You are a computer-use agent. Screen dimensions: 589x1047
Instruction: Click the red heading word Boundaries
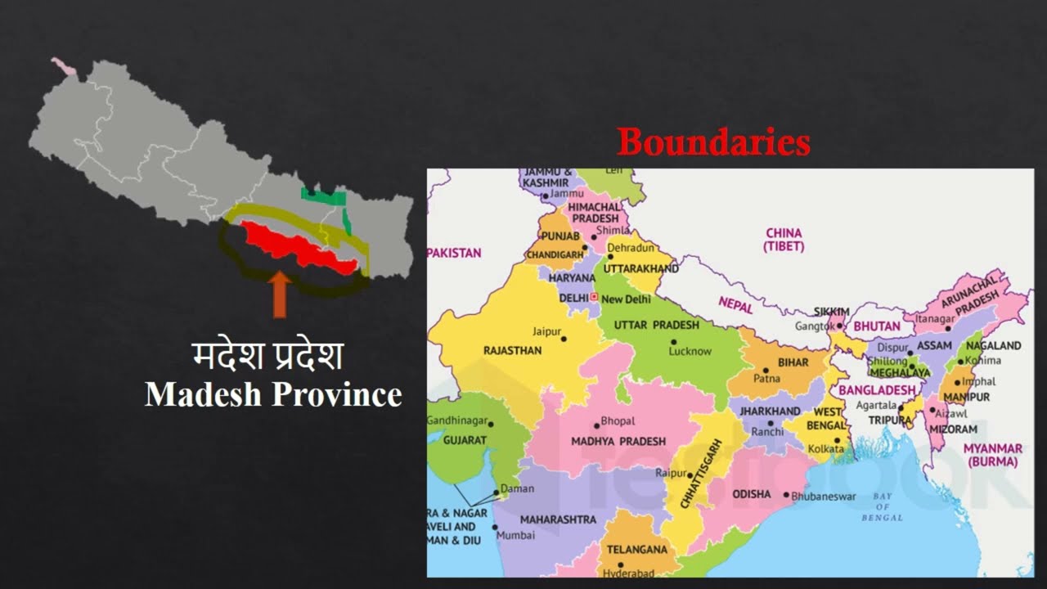pyautogui.click(x=713, y=143)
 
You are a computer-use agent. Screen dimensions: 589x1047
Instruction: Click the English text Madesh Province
pyautogui.click(x=273, y=394)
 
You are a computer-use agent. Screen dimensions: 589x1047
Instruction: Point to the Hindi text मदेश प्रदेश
pyautogui.click(x=267, y=357)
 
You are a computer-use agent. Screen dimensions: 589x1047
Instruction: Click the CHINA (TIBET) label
pyautogui.click(x=784, y=239)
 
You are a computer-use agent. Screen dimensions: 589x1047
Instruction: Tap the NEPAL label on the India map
pyautogui.click(x=735, y=303)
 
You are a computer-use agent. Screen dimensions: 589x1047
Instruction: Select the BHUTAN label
pyautogui.click(x=876, y=326)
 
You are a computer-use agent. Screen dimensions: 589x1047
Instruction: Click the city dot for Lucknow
pyautogui.click(x=673, y=341)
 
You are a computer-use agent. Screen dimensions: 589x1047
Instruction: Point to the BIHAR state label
pyautogui.click(x=793, y=362)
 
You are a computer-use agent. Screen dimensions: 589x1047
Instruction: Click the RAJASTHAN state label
pyautogui.click(x=512, y=350)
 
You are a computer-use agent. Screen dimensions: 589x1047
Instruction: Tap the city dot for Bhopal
pyautogui.click(x=597, y=421)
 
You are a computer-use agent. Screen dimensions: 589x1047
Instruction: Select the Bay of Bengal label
pyautogui.click(x=882, y=507)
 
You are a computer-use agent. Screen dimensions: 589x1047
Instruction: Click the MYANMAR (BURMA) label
pyautogui.click(x=992, y=455)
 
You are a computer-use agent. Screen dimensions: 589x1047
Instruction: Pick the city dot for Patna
pyautogui.click(x=766, y=370)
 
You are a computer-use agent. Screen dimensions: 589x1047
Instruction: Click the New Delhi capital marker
pyautogui.click(x=595, y=299)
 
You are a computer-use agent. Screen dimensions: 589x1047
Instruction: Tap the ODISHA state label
pyautogui.click(x=751, y=494)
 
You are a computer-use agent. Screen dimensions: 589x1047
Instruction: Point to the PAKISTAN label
pyautogui.click(x=455, y=253)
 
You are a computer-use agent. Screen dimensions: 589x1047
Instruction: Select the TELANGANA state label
pyautogui.click(x=636, y=550)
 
